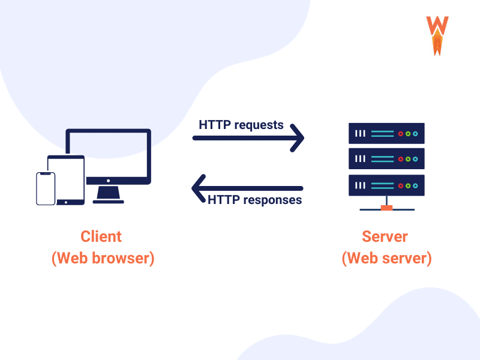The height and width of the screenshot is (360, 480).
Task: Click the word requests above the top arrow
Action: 259,125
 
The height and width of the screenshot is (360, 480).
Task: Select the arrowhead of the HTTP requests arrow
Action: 298,138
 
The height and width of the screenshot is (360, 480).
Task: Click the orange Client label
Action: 101,236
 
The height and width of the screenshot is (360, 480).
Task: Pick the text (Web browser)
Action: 103,259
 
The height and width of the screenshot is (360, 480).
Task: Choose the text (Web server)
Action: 386,259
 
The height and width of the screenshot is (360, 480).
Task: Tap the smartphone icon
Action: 46,188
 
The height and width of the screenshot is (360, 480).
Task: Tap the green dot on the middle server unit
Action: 408,159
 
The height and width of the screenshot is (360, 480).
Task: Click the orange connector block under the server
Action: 387,208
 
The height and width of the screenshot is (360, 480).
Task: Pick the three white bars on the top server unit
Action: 360,133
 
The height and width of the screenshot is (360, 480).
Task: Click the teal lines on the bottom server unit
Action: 382,185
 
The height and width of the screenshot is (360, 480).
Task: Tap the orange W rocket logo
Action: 437,35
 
